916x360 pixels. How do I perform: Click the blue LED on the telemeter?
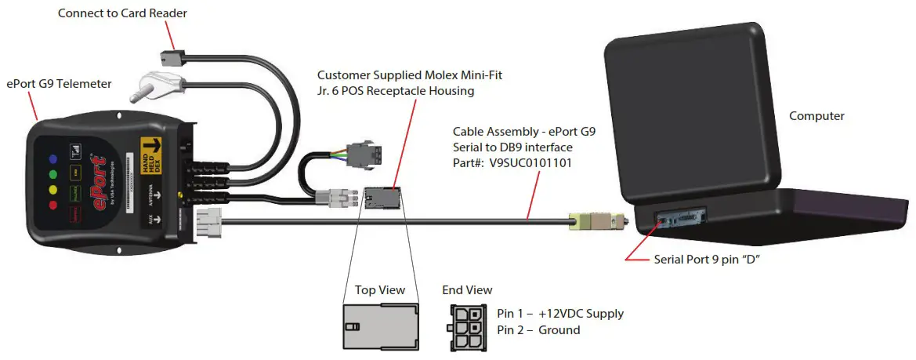[x=52, y=155]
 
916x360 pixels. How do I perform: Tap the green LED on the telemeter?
[x=52, y=173]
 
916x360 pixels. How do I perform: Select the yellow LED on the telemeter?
[x=52, y=189]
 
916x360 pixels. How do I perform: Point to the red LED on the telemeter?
[x=52, y=205]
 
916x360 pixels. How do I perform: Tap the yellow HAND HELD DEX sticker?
[x=150, y=154]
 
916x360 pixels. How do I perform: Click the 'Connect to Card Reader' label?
[x=122, y=13]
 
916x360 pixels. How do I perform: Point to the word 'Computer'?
[x=816, y=116]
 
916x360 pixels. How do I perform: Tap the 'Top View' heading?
[x=380, y=290]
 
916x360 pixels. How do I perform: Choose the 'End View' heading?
[x=467, y=290]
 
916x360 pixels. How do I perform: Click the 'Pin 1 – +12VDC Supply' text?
[x=560, y=314]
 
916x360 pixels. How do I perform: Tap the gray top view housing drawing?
[x=379, y=325]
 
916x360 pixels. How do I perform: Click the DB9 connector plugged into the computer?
[x=599, y=223]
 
